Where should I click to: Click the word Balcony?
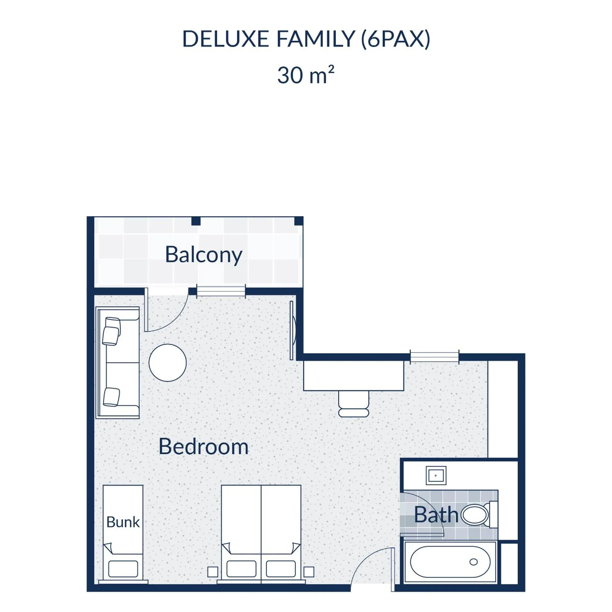click(x=204, y=255)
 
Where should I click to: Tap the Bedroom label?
click(x=203, y=447)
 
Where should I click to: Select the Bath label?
click(x=436, y=515)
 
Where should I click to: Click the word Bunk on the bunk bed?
click(x=123, y=522)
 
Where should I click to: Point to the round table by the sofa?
click(x=168, y=363)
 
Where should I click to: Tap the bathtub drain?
click(x=473, y=562)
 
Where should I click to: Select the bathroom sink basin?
click(x=436, y=475)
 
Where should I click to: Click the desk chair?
click(x=353, y=404)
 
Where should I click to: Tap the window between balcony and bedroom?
click(x=221, y=291)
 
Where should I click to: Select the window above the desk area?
click(x=435, y=356)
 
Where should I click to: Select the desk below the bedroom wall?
click(x=353, y=376)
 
